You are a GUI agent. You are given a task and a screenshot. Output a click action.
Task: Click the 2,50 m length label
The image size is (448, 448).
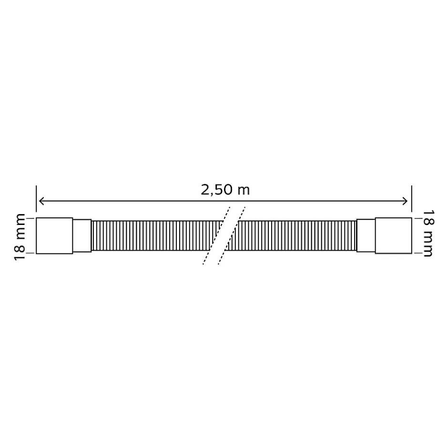coord(225,190)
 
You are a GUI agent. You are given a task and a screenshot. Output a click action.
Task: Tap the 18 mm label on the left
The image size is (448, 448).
coord(20,237)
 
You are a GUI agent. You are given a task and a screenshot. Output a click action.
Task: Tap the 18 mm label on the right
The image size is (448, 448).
coord(428,234)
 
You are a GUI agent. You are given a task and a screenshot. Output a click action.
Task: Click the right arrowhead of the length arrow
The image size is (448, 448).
coord(405,201)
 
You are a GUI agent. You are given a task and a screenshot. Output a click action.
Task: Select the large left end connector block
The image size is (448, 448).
coord(54,236)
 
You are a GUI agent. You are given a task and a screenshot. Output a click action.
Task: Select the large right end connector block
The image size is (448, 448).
coord(393,236)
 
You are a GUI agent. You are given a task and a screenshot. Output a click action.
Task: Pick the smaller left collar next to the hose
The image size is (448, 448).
coord(82,236)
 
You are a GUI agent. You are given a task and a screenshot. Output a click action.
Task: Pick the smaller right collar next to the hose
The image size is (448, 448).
coord(366,236)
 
